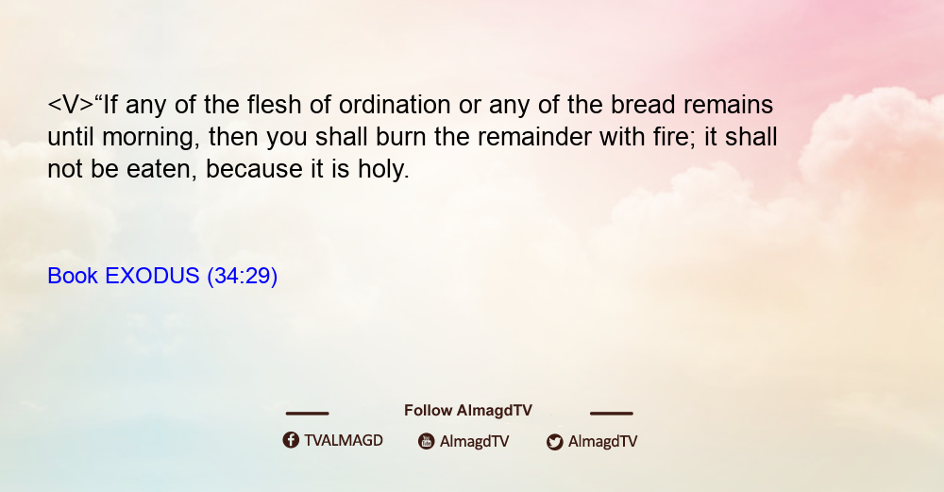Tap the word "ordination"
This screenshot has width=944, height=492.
395,106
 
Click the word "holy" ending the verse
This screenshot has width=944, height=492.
383,169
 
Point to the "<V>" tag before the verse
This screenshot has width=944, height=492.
71,105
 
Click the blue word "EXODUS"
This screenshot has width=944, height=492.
152,276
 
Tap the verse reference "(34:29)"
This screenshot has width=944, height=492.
242,277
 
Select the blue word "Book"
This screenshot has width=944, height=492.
73,276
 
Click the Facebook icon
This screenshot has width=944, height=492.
291,440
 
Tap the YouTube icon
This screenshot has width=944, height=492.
427,441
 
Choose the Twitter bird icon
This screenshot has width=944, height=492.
554,442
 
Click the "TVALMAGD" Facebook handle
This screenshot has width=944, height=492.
344,441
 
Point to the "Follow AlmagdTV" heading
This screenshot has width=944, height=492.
468,411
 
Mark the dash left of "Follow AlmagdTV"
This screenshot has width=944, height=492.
307,413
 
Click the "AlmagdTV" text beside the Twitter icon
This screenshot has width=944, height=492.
602,442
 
